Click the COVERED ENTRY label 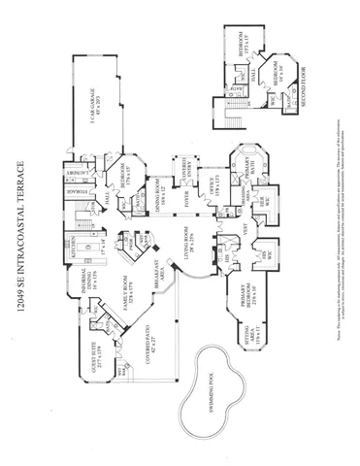tap(181, 175)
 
